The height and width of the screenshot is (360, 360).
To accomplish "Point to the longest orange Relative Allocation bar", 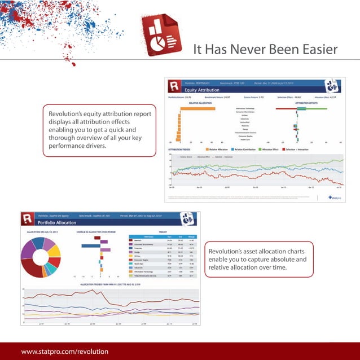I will tap(196, 108).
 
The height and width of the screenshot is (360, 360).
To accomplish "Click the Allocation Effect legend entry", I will tap(273, 149).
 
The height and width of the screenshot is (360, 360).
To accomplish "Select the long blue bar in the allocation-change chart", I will tap(90, 245).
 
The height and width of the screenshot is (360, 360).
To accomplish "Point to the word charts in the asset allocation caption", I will tap(292, 251).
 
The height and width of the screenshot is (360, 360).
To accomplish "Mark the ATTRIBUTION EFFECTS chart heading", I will tap(306, 103).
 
